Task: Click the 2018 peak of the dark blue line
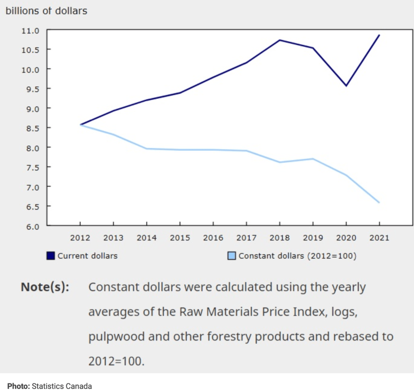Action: point(280,40)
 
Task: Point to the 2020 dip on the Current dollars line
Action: point(346,86)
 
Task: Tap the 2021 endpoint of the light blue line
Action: point(379,203)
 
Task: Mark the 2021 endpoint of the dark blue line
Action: point(379,35)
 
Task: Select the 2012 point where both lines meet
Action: point(80,125)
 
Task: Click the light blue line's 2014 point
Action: point(147,148)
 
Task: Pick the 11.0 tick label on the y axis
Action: point(31,30)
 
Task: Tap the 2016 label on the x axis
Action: point(213,238)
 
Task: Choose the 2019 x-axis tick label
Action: point(313,238)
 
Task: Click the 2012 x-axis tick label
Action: point(80,238)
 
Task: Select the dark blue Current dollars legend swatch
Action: point(51,256)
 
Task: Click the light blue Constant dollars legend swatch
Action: point(232,256)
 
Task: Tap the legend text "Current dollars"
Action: point(87,256)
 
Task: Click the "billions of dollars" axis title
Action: point(46,11)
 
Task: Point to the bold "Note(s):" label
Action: point(45,287)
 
